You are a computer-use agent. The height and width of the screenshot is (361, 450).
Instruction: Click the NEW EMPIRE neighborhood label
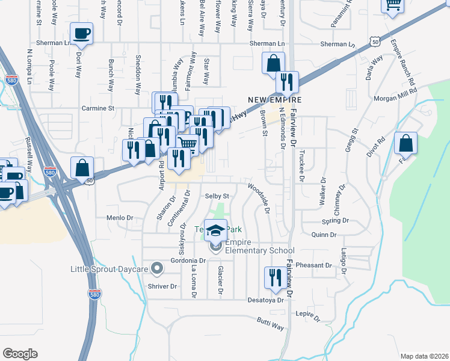tap(275, 99)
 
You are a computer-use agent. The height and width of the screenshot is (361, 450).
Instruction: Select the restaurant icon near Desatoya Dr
tap(274, 277)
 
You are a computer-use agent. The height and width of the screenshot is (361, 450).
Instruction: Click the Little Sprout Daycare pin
tap(158, 268)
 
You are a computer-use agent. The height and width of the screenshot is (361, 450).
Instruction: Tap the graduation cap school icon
tap(215, 231)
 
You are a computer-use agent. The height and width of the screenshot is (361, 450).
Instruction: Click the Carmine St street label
tap(98, 109)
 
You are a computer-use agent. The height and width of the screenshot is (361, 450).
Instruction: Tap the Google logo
tap(20, 354)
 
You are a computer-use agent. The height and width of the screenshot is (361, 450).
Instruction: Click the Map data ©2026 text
tap(424, 356)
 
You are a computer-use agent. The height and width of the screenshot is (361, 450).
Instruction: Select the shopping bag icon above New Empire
tap(273, 63)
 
